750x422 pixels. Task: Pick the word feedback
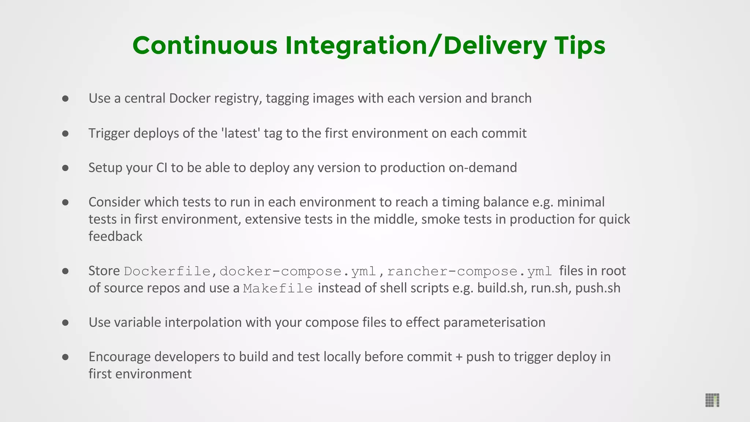115,236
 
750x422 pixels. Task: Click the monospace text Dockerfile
167,271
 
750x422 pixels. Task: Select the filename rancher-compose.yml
469,271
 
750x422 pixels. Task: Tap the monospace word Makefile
278,288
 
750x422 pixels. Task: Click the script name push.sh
598,288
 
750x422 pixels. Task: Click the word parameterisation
494,322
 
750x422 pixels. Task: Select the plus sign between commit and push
459,357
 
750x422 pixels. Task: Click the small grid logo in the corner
712,400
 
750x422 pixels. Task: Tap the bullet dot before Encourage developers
66,357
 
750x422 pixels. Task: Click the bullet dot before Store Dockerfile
66,271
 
